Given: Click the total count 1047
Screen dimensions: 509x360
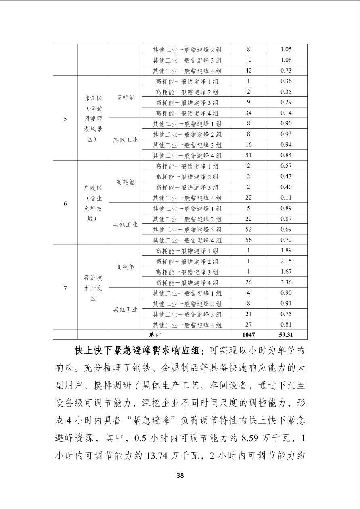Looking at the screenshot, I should (248, 335).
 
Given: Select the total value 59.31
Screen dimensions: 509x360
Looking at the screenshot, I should (286, 335).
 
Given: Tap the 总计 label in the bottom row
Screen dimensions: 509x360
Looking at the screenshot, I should (155, 335).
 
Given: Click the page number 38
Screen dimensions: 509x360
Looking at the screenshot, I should (180, 475).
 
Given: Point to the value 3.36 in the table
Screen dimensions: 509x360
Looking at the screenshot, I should (286, 282).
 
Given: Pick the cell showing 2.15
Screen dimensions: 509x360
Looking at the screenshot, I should (286, 261).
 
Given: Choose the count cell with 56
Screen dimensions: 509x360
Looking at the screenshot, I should (248, 240).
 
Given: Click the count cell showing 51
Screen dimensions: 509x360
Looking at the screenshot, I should (248, 155).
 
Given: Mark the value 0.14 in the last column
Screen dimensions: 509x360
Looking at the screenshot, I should (286, 113).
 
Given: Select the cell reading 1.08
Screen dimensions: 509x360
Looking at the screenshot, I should (286, 60).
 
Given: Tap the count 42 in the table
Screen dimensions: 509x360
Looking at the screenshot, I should (248, 71).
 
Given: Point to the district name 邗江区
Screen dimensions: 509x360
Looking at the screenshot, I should (93, 98).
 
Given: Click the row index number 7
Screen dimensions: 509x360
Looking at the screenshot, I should (65, 288).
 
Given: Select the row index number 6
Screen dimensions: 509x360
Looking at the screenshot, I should (65, 203).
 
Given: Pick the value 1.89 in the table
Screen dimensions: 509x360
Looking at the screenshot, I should (286, 250).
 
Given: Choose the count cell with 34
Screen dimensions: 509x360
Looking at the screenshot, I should (248, 113).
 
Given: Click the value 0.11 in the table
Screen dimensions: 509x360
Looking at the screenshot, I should (286, 198).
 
